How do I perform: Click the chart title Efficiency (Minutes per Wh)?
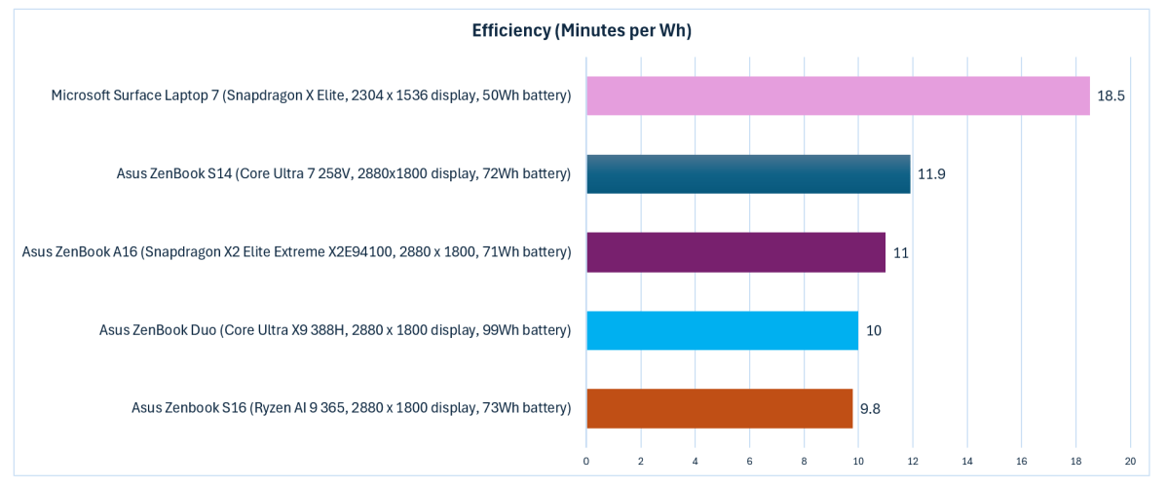[582, 30]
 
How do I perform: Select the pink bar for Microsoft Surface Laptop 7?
[838, 95]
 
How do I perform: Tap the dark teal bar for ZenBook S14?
[748, 174]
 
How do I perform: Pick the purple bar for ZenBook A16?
[735, 252]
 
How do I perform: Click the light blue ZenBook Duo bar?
[722, 330]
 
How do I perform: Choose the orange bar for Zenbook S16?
[719, 408]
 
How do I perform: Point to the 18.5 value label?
[1111, 96]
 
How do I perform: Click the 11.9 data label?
[931, 174]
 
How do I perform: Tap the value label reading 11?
[901, 252]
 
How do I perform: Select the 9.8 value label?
[871, 408]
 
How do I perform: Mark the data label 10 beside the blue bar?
[874, 330]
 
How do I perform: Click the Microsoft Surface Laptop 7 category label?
[311, 95]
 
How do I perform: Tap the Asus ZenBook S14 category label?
[343, 173]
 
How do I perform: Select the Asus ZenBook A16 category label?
[296, 251]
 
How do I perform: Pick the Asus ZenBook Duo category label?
[335, 329]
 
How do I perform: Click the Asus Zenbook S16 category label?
[351, 407]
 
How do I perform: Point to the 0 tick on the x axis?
[586, 460]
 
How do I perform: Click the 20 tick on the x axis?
[1130, 460]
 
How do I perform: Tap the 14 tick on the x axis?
[966, 460]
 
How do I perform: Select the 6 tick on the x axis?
[749, 460]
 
